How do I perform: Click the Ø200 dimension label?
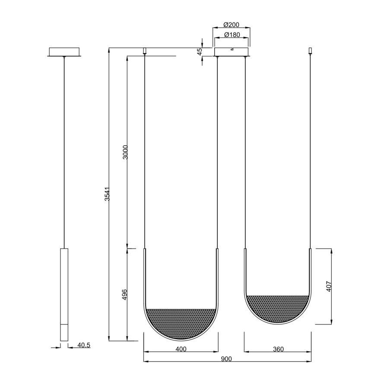click(x=232, y=25)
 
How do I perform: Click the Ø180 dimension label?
click(x=232, y=35)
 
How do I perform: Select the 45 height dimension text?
click(x=200, y=52)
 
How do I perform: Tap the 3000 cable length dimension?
click(x=125, y=152)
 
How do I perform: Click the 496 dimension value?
click(x=125, y=295)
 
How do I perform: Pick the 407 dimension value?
click(x=329, y=286)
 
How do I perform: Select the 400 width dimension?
click(x=181, y=349)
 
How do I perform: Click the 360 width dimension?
click(x=278, y=349)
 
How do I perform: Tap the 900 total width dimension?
click(x=226, y=359)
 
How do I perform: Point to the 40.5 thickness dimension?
click(x=83, y=345)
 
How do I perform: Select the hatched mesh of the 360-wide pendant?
click(x=278, y=306)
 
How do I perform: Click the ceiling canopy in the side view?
click(x=64, y=52)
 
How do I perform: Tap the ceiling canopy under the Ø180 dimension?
click(x=232, y=52)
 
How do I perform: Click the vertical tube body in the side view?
click(x=64, y=285)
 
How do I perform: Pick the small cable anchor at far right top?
click(x=310, y=51)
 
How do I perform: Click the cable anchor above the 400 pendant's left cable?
click(x=145, y=51)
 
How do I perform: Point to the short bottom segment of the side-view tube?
click(x=64, y=333)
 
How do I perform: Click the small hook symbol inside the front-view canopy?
click(x=232, y=49)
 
